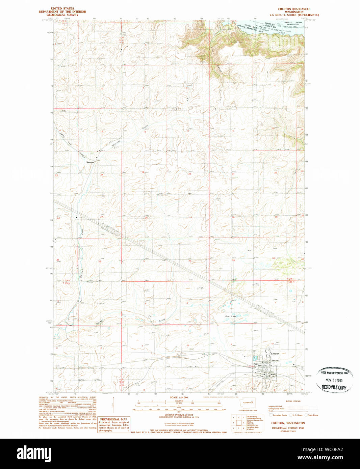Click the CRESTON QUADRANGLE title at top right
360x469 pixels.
pos(294,9)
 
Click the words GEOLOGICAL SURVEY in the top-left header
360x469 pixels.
pos(62,15)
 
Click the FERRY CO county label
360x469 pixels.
pos(269,24)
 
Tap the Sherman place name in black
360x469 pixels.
pos(90,162)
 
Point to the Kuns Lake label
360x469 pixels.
pos(231,316)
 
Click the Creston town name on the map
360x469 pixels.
pos(275,354)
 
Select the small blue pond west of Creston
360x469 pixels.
pos(255,358)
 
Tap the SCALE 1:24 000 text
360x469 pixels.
pos(179,397)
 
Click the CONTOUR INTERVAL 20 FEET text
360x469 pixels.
pos(179,415)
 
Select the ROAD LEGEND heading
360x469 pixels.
pos(293,401)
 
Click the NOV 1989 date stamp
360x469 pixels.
pos(334,380)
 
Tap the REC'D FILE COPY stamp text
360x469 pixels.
pos(334,387)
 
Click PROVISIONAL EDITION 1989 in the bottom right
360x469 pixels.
pos(288,428)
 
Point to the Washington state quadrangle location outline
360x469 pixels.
pos(248,403)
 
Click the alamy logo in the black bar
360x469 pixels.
pos(34,453)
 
